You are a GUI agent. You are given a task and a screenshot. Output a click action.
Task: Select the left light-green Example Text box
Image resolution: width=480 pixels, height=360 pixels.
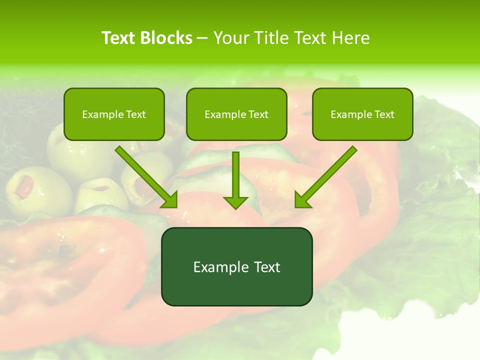(x=114, y=114)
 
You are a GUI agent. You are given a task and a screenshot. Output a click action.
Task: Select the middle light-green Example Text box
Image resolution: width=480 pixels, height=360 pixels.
(x=236, y=114)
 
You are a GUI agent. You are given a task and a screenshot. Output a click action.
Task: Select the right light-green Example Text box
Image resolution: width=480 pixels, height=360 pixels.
(x=362, y=114)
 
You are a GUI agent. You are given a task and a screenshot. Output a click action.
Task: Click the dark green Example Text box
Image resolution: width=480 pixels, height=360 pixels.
(x=236, y=266)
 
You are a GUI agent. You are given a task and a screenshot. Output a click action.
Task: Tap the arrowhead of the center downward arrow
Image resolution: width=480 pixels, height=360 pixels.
(x=235, y=202)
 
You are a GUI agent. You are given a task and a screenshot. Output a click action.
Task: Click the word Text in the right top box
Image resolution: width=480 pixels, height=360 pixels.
(x=384, y=114)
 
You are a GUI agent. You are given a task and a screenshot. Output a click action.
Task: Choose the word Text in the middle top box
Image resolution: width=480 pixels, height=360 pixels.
(x=258, y=114)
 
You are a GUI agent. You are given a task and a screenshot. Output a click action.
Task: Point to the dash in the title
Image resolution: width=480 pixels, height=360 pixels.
(x=202, y=38)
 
